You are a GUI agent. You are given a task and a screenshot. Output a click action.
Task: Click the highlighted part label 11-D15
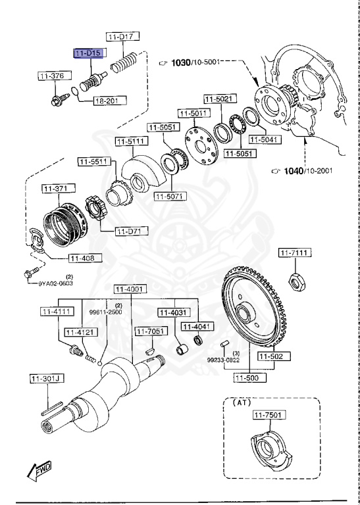click(x=88, y=52)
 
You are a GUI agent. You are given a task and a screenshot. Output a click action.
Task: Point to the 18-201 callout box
click(x=107, y=101)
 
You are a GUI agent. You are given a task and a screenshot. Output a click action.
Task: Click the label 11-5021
click(x=218, y=99)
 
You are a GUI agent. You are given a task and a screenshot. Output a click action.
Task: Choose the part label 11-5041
click(x=268, y=139)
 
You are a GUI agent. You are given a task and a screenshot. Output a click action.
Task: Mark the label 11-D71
click(x=132, y=231)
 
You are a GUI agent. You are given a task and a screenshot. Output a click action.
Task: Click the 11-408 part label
click(x=84, y=258)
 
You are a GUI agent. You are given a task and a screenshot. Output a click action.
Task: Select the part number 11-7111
click(x=295, y=252)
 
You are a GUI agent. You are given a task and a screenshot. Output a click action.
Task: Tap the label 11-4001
click(x=130, y=289)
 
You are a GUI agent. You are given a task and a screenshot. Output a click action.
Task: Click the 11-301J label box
click(x=45, y=378)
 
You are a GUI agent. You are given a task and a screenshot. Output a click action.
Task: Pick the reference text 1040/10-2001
click(x=307, y=171)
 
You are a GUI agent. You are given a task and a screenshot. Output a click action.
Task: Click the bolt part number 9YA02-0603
click(x=47, y=283)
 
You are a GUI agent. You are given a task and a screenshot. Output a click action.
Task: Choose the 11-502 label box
click(x=270, y=356)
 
